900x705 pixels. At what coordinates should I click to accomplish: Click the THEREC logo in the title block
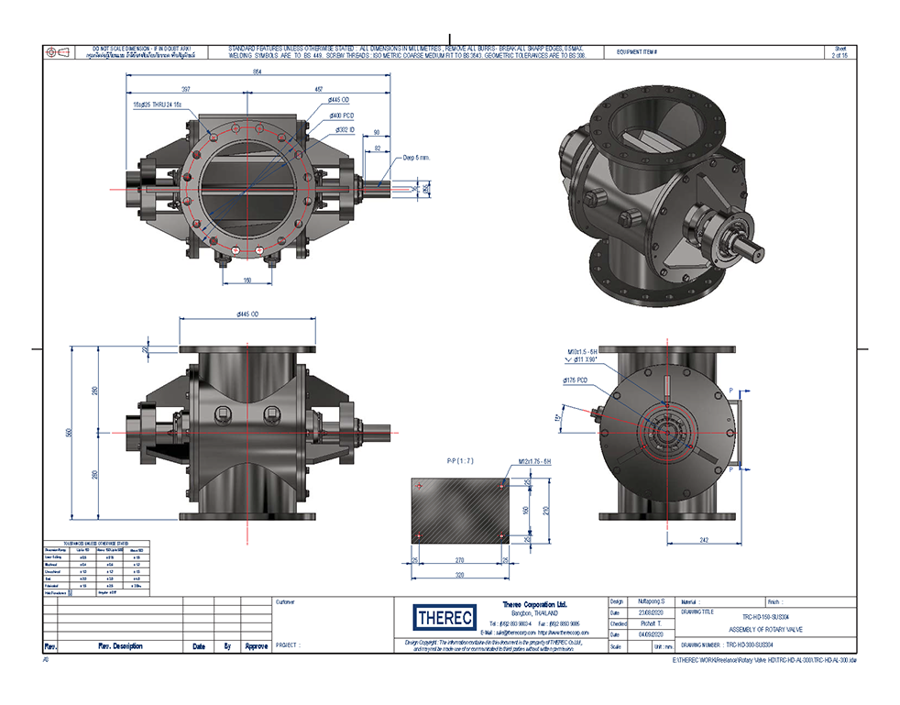(442, 616)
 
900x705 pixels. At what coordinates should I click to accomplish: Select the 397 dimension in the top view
(185, 90)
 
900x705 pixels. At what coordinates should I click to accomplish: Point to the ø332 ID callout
(345, 130)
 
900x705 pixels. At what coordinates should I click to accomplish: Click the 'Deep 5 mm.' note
(417, 158)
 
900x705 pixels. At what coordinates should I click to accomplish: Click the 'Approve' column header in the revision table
(256, 646)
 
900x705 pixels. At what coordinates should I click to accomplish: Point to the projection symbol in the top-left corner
(56, 52)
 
